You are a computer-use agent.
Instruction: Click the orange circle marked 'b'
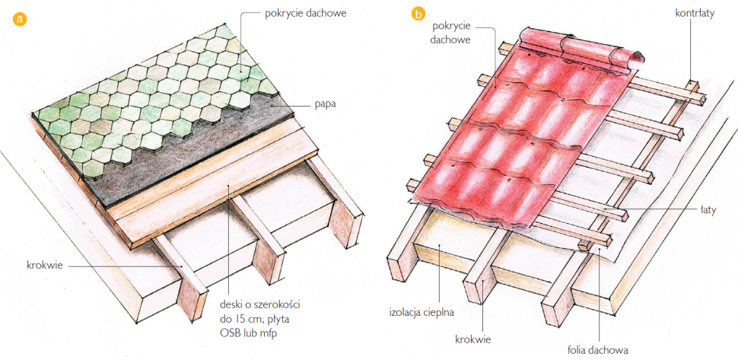pyautogui.click(x=417, y=14)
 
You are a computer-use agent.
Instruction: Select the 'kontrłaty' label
pyautogui.click(x=695, y=14)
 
